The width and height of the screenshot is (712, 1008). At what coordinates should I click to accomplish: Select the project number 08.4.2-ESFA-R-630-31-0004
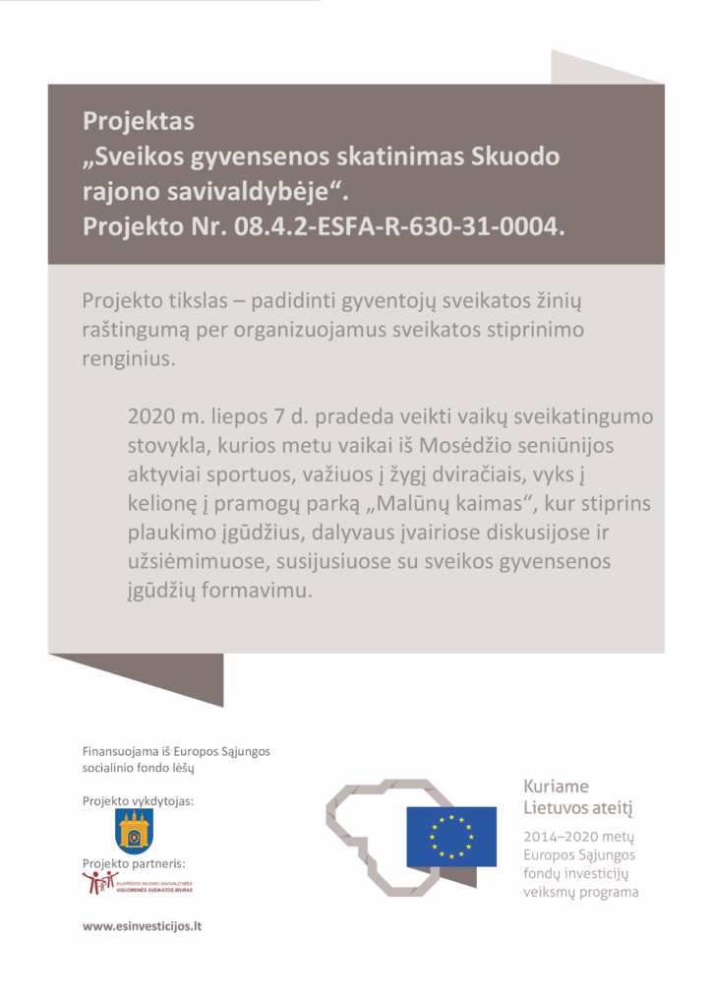click(x=400, y=227)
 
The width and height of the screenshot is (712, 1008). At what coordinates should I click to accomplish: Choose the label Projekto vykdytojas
click(x=138, y=801)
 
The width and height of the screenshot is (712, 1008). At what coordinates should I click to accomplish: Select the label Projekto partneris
click(x=134, y=864)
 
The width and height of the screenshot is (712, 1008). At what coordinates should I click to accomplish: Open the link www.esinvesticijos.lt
click(x=142, y=926)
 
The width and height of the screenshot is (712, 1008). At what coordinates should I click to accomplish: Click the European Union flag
click(x=451, y=836)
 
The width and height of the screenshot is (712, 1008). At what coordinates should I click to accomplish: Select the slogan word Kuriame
click(x=556, y=787)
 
